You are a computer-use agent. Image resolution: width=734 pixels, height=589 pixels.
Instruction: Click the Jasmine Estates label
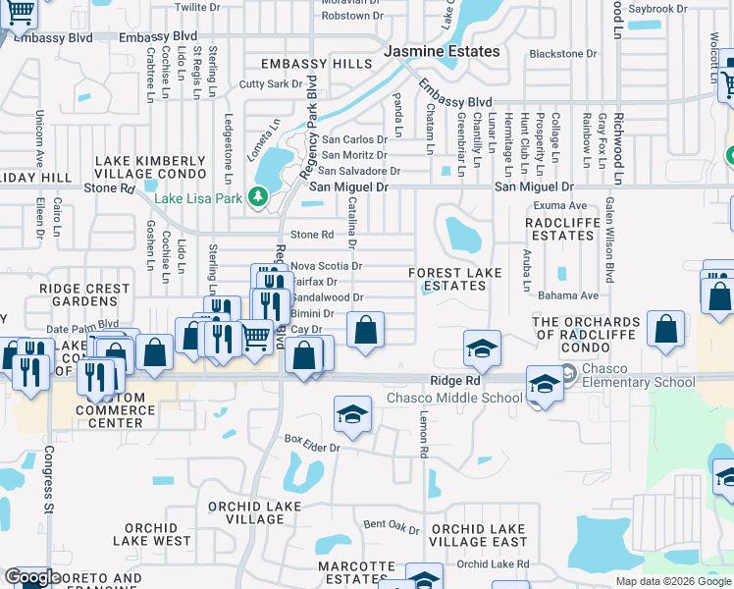(442, 51)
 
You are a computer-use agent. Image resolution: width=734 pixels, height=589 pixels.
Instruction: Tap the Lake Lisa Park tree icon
(259, 197)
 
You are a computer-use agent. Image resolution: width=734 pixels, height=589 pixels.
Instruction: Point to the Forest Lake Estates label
(454, 279)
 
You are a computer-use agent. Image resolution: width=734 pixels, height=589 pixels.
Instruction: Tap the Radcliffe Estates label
(560, 229)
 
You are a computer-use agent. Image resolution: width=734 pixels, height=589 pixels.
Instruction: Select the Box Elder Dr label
(311, 448)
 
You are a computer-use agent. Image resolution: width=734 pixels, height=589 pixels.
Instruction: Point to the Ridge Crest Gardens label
(84, 295)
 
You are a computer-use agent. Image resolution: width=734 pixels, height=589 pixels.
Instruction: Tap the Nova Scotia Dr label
(327, 265)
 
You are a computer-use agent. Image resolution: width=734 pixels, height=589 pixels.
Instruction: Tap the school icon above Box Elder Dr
(352, 414)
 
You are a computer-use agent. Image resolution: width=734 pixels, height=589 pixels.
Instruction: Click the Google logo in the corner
(31, 576)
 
